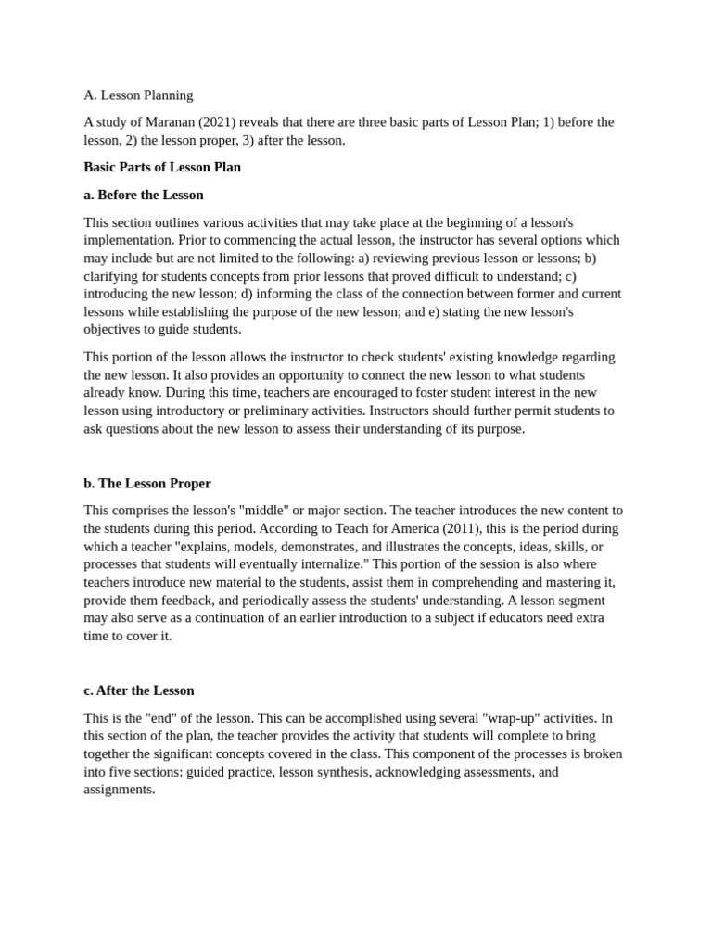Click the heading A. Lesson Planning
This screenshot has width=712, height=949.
[x=138, y=95]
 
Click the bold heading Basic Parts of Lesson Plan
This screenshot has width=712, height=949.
[x=162, y=168]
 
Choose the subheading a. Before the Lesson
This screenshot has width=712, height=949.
[x=144, y=195]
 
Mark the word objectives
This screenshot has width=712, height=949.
[x=115, y=330]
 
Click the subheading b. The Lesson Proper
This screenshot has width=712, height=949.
[x=147, y=484]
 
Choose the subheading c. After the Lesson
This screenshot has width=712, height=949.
[x=139, y=690]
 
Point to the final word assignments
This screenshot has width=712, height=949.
[x=120, y=790]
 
